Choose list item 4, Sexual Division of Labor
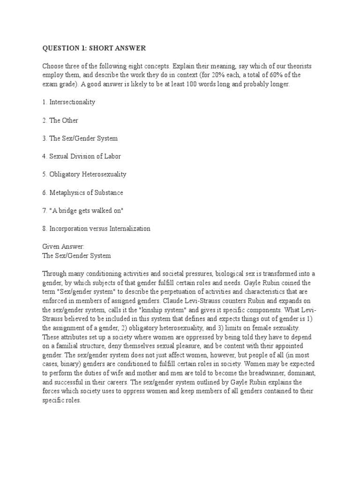point(86,156)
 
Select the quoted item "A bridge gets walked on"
point(86,210)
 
